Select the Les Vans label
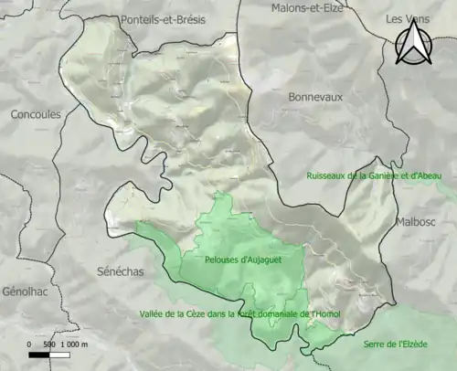pyautogui.click(x=407, y=18)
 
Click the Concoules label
pyautogui.click(x=36, y=115)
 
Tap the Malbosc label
pyautogui.click(x=419, y=222)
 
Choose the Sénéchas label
pyautogui.click(x=121, y=270)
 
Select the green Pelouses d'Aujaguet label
pyautogui.click(x=237, y=260)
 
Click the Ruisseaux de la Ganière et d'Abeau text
pyautogui.click(x=373, y=175)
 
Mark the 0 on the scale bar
pyautogui.click(x=30, y=344)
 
